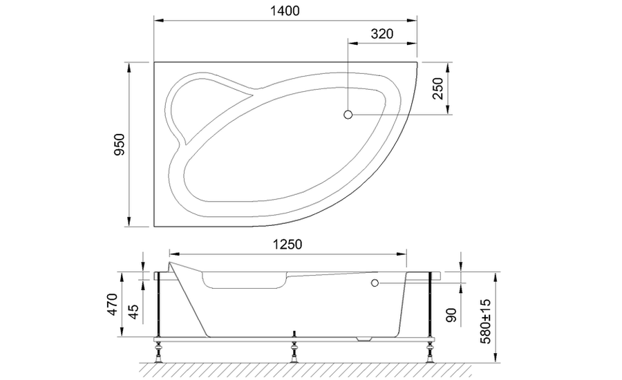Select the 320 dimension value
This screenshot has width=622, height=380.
click(381, 34)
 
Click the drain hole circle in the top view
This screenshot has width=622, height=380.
click(348, 114)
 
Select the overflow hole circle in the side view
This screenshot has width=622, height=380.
click(375, 283)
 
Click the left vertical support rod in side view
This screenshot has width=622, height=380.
click(159, 304)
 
